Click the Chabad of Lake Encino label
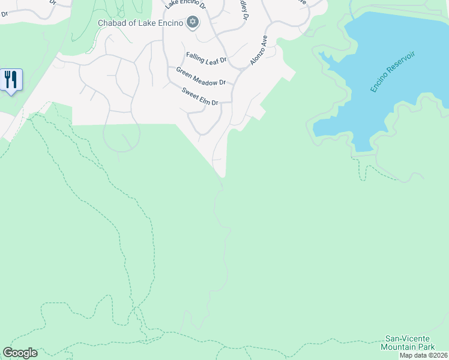coord(140,23)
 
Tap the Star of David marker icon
coord(192,23)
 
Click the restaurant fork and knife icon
coord(11,79)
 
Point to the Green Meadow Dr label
coord(200,76)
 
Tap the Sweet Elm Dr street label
coord(199,96)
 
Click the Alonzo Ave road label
coord(258,50)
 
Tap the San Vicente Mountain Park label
coord(408,343)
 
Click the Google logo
coord(20,353)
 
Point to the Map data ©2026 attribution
coord(423,355)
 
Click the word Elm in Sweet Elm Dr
coord(203,98)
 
